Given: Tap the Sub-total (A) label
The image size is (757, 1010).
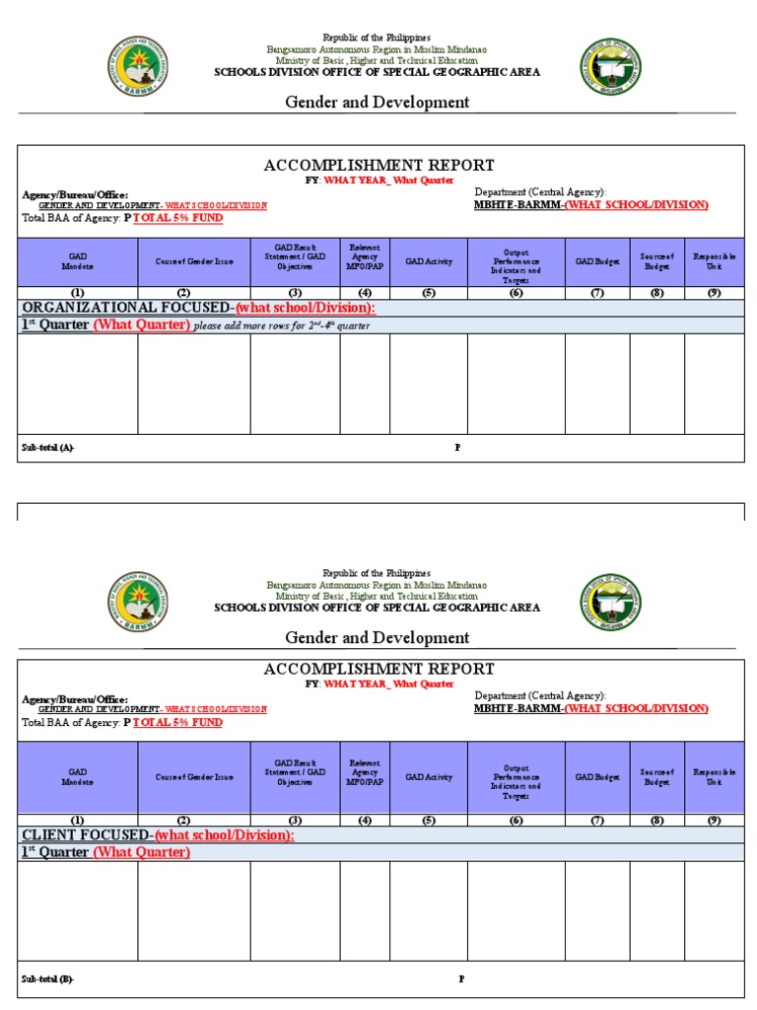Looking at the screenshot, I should click(x=47, y=448).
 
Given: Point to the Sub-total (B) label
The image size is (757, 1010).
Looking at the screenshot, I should click(x=47, y=978).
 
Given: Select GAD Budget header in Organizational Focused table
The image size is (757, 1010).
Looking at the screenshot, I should click(x=597, y=261).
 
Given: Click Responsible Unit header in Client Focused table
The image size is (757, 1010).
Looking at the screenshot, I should click(x=715, y=777).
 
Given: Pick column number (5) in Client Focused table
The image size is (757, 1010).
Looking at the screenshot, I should click(x=428, y=820).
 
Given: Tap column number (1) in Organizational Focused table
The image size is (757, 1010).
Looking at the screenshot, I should click(x=77, y=293).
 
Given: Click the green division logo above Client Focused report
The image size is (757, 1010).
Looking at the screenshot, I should click(x=609, y=601).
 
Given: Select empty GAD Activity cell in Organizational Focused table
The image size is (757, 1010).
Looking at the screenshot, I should click(x=428, y=383).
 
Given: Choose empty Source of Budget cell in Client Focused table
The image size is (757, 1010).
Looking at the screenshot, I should click(x=656, y=912).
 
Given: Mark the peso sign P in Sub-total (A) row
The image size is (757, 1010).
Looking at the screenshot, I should click(x=457, y=448).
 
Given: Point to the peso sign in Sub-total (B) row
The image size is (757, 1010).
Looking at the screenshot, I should click(x=461, y=978).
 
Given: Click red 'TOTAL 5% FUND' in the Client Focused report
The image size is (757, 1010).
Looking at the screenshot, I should click(x=177, y=723).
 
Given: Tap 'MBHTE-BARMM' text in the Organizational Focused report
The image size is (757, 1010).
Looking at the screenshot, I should click(x=517, y=205).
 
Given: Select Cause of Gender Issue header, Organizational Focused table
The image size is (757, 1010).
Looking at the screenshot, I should click(x=194, y=261).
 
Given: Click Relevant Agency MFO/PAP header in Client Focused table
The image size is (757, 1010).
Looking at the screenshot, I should click(x=365, y=777).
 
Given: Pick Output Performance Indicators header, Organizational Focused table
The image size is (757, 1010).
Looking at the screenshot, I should click(x=516, y=261).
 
